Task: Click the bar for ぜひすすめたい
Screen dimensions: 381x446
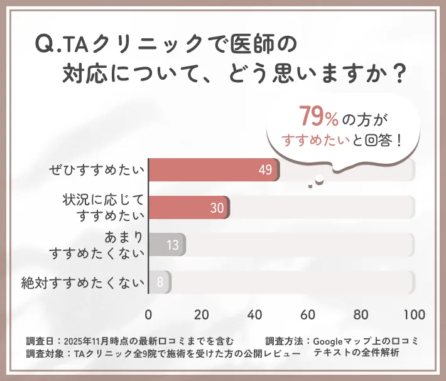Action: [214, 170]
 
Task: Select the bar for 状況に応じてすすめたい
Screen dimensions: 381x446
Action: [188, 208]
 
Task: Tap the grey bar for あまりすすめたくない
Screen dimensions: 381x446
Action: [166, 245]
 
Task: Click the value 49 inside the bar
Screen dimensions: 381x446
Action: [264, 170]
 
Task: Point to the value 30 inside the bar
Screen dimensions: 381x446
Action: [217, 208]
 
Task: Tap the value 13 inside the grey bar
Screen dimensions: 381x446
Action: [173, 245]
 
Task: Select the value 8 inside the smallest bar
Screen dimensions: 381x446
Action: [160, 282]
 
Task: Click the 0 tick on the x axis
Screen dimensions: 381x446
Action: [148, 314]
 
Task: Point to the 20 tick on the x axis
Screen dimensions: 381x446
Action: [202, 314]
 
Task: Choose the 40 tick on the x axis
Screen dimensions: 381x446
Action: [254, 314]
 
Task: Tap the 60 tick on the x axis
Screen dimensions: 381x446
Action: [308, 314]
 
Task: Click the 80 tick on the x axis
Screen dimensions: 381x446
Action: [361, 314]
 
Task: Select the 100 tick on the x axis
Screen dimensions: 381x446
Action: [414, 314]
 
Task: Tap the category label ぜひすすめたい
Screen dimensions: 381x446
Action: [97, 170]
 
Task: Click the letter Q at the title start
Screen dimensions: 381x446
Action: [45, 45]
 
